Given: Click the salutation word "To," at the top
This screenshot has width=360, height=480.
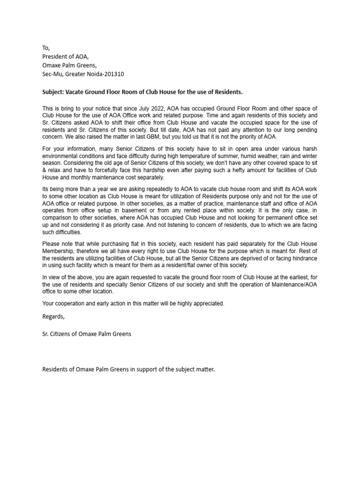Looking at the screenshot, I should point(45,47).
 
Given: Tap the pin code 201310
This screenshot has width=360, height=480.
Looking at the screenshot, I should point(114,74).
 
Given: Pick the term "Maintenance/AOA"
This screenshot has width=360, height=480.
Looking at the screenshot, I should point(294,284).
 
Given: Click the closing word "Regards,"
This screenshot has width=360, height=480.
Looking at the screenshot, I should point(53,316).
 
